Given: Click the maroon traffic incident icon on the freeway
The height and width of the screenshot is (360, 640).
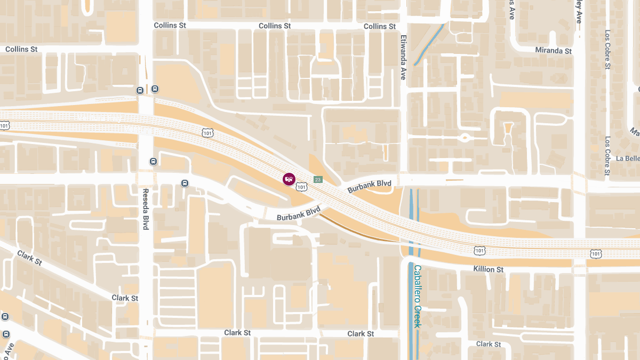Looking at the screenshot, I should pyautogui.click(x=289, y=179).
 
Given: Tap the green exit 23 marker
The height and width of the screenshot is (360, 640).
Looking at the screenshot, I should pyautogui.click(x=318, y=180).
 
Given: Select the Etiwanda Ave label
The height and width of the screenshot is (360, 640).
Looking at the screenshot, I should pyautogui.click(x=403, y=57).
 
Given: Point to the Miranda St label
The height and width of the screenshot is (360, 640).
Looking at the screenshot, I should pyautogui.click(x=553, y=51).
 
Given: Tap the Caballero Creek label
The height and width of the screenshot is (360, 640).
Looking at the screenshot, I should pyautogui.click(x=418, y=296).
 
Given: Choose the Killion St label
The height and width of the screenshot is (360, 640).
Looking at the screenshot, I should pyautogui.click(x=488, y=269).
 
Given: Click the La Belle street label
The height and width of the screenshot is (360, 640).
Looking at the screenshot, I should pyautogui.click(x=627, y=158).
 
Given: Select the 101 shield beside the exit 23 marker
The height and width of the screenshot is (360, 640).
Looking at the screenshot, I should pyautogui.click(x=302, y=186).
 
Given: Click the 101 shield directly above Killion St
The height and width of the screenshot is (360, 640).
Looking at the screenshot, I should pyautogui.click(x=480, y=250).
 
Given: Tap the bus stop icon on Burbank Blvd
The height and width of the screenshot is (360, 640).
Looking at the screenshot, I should pyautogui.click(x=185, y=183).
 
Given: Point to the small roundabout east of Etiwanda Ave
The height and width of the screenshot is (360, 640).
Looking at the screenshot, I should pyautogui.click(x=465, y=138).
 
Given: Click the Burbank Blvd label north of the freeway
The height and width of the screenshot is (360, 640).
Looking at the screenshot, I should pyautogui.click(x=369, y=186).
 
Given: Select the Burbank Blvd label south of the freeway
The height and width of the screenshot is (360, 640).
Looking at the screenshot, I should pyautogui.click(x=298, y=214).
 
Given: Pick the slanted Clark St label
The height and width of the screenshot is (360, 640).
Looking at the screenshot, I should pyautogui.click(x=29, y=258).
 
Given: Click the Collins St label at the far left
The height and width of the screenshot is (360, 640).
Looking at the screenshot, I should pyautogui.click(x=21, y=49).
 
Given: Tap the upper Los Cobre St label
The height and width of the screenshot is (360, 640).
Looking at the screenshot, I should pyautogui.click(x=607, y=49).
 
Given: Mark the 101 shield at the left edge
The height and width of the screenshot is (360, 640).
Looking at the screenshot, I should pyautogui.click(x=5, y=126).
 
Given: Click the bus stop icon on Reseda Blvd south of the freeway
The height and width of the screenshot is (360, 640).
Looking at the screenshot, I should pyautogui.click(x=154, y=162).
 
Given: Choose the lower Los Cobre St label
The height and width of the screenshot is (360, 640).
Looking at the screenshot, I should pyautogui.click(x=607, y=156).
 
